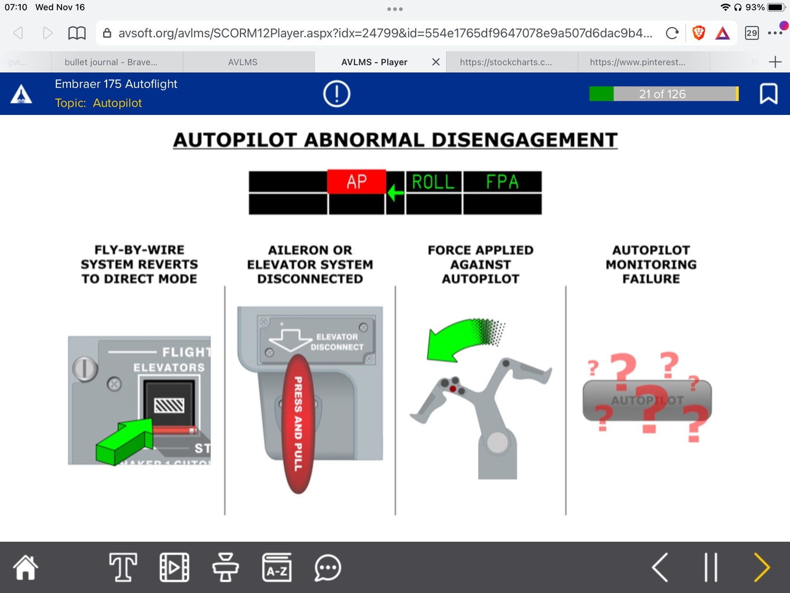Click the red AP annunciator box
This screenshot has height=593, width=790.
point(357,181)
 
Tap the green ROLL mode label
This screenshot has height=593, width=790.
point(433,182)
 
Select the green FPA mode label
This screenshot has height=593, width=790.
point(502,182)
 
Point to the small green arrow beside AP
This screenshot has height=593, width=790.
point(396,192)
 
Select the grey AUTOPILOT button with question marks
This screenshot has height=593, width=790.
point(647,400)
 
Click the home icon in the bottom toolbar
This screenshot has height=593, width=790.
point(26,568)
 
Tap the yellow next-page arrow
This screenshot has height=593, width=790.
point(762,568)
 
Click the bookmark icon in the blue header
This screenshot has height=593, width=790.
point(768,94)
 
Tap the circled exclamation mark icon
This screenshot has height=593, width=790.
point(337,94)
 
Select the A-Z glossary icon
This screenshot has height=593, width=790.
point(277,568)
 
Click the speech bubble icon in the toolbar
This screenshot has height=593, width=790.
point(327,568)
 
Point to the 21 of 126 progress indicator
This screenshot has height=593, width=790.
point(663,94)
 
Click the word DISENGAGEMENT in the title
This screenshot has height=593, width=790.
point(524,140)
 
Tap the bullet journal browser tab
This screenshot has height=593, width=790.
point(111,62)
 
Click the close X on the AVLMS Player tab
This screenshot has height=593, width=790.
point(436,62)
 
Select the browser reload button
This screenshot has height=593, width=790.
point(672,33)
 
